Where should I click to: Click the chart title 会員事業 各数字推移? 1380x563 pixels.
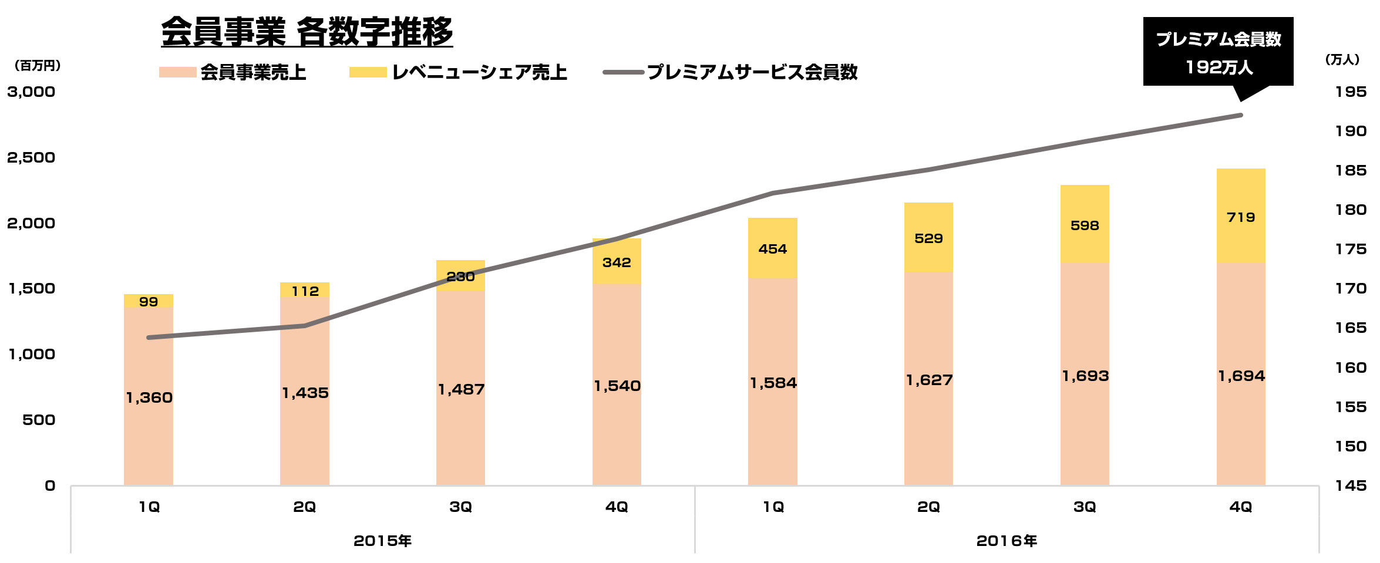[307, 32]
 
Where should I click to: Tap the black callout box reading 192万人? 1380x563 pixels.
[1218, 52]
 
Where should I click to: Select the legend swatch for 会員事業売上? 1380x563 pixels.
[177, 72]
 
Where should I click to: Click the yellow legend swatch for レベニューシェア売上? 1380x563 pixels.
[368, 72]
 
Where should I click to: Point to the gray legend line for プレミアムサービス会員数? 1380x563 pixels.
[623, 72]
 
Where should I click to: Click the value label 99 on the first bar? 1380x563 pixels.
[149, 302]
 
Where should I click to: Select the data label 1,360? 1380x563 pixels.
[149, 397]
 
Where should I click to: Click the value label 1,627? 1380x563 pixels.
[929, 380]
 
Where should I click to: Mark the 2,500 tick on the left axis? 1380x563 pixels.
[31, 157]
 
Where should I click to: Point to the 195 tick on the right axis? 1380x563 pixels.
[1350, 92]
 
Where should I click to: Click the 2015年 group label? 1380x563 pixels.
[382, 541]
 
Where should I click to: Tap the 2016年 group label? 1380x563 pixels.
[1007, 541]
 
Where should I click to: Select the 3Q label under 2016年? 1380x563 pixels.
[1085, 507]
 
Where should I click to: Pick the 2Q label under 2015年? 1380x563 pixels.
[305, 507]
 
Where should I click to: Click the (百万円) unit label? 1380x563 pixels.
[37, 66]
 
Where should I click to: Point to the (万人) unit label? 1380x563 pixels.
[1342, 59]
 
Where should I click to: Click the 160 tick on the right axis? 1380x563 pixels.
[1350, 368]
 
